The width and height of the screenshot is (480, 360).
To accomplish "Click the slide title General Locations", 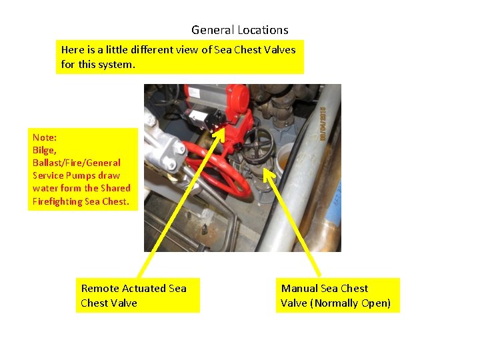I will coord(239,30).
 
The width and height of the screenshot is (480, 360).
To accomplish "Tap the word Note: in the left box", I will coord(45,137).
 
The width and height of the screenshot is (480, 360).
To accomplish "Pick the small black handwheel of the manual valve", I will coord(257,141).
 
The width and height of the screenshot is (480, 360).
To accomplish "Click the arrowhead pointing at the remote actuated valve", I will coord(221,131).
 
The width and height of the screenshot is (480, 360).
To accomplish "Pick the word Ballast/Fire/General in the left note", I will coord(77,163).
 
